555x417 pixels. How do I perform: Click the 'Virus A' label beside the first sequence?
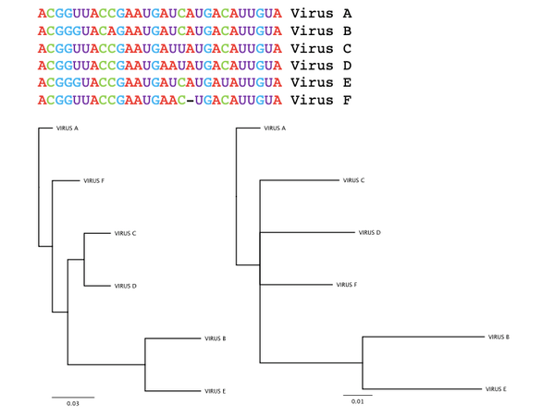coord(321,14)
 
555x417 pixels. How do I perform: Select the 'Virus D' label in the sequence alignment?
coord(321,66)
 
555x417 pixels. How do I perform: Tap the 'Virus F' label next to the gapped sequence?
coord(321,100)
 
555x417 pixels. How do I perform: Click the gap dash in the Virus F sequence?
coord(190,101)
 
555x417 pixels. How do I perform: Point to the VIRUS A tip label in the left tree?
coord(68,128)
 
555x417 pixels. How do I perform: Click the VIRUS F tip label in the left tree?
coord(93,180)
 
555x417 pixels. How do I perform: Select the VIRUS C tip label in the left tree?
coord(125,233)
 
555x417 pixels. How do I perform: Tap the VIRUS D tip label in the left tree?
coord(125,286)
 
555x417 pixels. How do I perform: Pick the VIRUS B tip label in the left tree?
coord(216,338)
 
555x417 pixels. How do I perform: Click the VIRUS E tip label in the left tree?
coord(215,391)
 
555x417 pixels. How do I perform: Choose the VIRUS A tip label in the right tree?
coord(275,128)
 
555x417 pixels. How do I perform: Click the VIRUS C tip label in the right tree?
coord(353,180)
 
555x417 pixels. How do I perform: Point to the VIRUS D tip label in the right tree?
coord(369,232)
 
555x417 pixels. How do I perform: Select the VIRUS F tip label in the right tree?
coord(347,285)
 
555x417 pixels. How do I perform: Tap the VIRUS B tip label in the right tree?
coord(499,337)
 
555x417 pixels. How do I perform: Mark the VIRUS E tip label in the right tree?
coord(496,389)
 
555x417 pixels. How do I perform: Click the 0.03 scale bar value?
coord(73,403)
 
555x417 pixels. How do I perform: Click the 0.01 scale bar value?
coord(357,401)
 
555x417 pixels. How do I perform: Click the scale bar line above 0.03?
coord(73,398)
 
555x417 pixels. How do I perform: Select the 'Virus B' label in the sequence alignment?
coord(321,31)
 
